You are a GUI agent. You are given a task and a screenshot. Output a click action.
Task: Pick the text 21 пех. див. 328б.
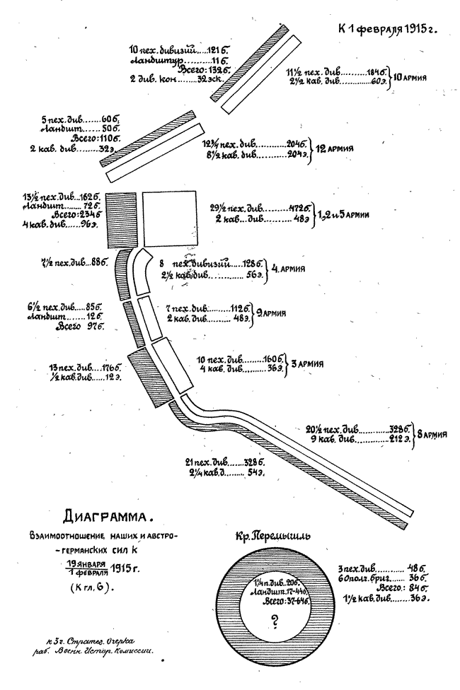tap(224, 462)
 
